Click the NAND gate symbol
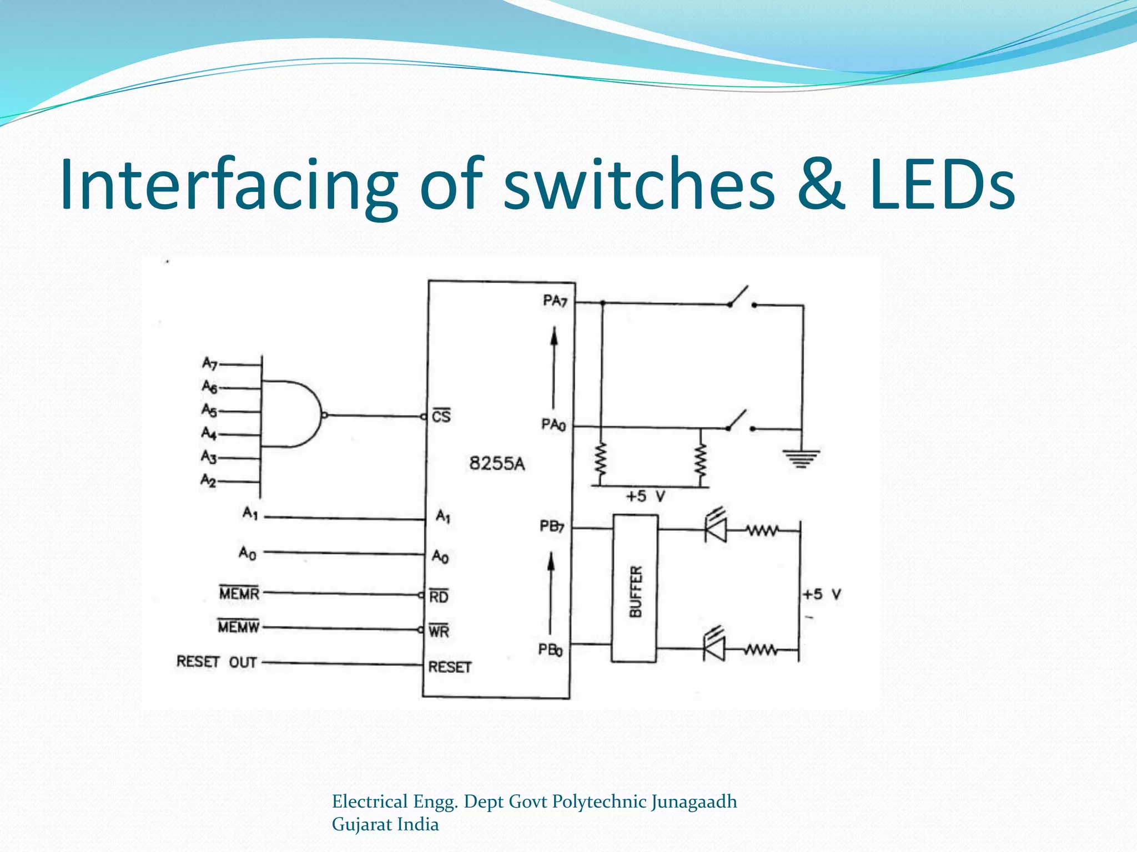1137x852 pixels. tap(291, 414)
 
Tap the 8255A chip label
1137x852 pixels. tap(497, 463)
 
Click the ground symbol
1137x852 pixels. tap(801, 458)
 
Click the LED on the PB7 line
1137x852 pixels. tap(716, 528)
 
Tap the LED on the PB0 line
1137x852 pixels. tap(715, 647)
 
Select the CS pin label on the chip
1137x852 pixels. tap(441, 416)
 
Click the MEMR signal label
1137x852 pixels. tap(239, 593)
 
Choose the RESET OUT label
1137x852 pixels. tap(217, 662)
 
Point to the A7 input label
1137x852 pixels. tap(209, 363)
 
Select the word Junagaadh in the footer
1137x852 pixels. tap(694, 802)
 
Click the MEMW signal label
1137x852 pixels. tap(239, 627)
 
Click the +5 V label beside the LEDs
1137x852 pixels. tap(822, 595)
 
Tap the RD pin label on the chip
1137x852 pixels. tap(439, 596)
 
